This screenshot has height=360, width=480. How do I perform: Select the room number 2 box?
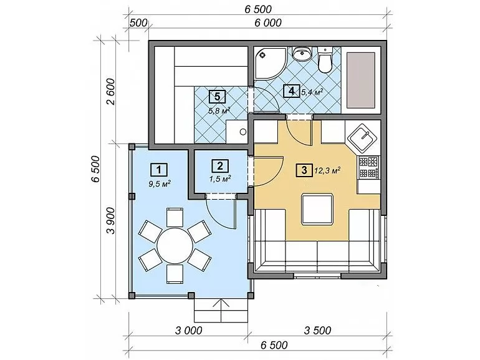220,166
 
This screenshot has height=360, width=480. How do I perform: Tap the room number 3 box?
304,170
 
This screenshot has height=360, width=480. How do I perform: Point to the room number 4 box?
292,90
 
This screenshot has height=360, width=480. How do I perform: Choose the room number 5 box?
217,97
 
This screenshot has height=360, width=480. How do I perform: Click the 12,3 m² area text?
327,171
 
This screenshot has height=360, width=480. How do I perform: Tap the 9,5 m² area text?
160,183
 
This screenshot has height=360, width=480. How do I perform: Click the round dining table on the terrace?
175,245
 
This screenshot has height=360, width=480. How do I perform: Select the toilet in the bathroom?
325,60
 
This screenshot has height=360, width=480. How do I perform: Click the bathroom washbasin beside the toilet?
302,53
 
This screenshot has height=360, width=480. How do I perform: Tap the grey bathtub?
360,80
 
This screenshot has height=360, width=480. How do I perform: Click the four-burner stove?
369,167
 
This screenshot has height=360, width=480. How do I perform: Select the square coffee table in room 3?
317,210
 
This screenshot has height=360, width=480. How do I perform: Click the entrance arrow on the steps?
221,309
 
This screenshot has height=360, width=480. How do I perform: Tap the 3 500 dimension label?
317,330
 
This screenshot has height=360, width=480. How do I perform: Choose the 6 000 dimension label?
268,22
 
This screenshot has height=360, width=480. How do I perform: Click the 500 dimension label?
138,22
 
